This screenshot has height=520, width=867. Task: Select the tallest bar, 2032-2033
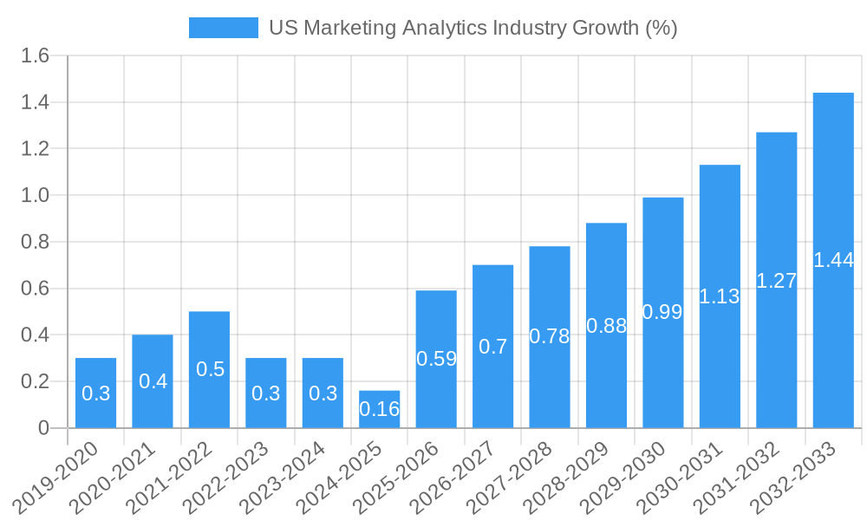[833, 260]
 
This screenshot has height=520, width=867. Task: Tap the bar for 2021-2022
[209, 369]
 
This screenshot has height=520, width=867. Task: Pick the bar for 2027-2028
[550, 336]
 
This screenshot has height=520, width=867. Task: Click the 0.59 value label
[436, 359]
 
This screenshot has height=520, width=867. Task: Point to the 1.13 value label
[720, 296]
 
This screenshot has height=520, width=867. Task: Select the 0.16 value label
[379, 409]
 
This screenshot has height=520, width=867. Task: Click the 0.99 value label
[662, 312]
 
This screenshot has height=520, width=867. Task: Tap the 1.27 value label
[776, 281]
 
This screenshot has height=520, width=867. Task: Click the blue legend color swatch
[223, 28]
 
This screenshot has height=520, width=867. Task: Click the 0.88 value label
[606, 326]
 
